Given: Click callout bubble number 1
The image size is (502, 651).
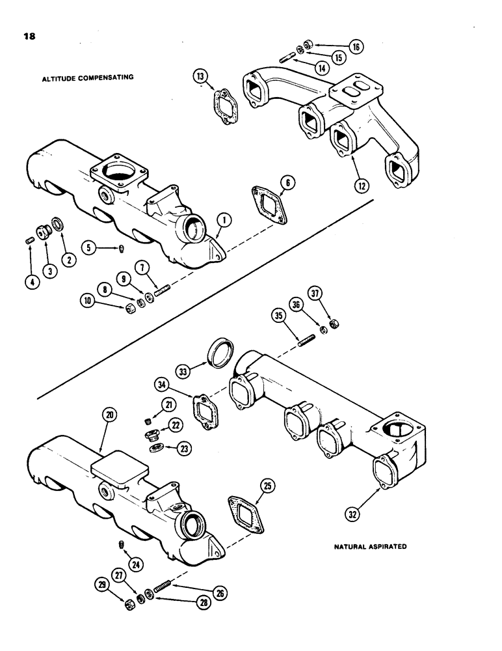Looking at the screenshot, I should pos(222,222).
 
